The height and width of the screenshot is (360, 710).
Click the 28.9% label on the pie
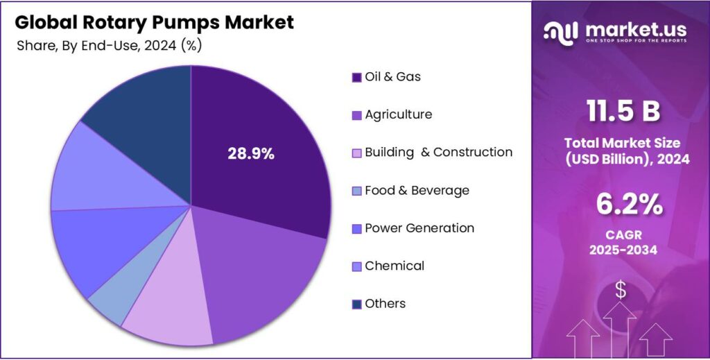pyautogui.click(x=251, y=154)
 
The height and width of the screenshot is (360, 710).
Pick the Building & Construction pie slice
pyautogui.click(x=170, y=305)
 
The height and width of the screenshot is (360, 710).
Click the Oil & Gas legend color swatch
pyautogui.click(x=357, y=77)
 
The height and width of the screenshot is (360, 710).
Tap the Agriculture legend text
pyautogui.click(x=398, y=114)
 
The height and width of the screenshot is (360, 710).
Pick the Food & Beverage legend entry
pyautogui.click(x=417, y=190)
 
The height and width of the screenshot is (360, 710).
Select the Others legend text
pyautogui.click(x=385, y=304)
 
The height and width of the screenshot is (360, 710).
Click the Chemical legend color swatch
pyautogui.click(x=357, y=266)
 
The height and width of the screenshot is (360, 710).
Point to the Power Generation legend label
pyautogui.click(x=419, y=228)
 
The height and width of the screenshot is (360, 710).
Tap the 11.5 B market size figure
pyautogui.click(x=622, y=111)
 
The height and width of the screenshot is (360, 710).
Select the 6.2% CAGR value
pyautogui.click(x=622, y=206)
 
